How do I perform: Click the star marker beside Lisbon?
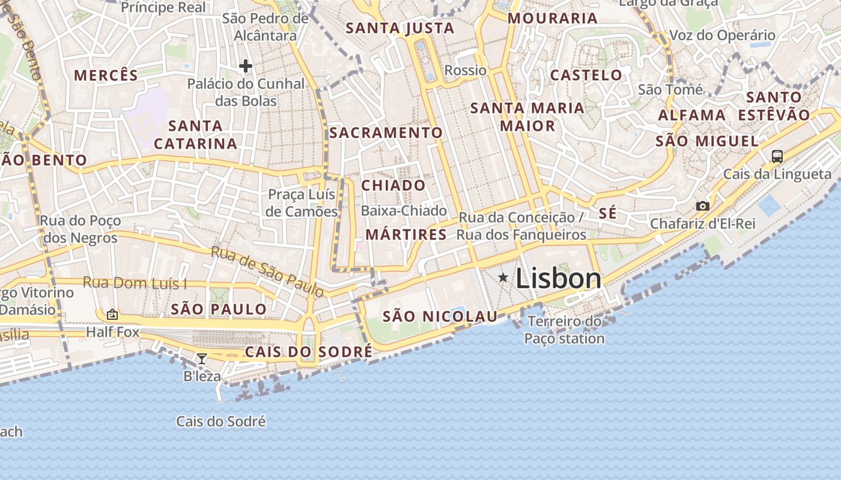pyautogui.click(x=503, y=277)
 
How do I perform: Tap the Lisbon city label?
pyautogui.click(x=558, y=279)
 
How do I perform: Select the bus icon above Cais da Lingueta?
pyautogui.click(x=777, y=157)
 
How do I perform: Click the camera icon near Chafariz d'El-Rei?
pyautogui.click(x=702, y=206)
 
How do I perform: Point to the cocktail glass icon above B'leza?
pyautogui.click(x=202, y=359)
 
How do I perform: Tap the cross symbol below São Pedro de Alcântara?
pyautogui.click(x=245, y=66)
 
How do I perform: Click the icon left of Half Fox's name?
pyautogui.click(x=112, y=314)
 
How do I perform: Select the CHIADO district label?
pyautogui.click(x=393, y=185)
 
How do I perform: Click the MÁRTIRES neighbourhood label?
pyautogui.click(x=406, y=235)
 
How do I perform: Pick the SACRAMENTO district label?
pyautogui.click(x=386, y=133)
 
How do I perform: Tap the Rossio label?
pyautogui.click(x=465, y=70)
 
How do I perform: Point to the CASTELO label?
pyautogui.click(x=586, y=75)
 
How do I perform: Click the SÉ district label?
pyautogui.click(x=608, y=214)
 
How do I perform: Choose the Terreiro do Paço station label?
pyautogui.click(x=564, y=330)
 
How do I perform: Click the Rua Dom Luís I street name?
pyautogui.click(x=135, y=282)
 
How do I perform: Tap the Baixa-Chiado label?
pyautogui.click(x=404, y=211)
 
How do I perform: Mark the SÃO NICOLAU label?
pyautogui.click(x=440, y=316)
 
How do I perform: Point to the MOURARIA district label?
pyautogui.click(x=553, y=18)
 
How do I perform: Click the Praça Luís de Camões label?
pyautogui.click(x=302, y=203)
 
